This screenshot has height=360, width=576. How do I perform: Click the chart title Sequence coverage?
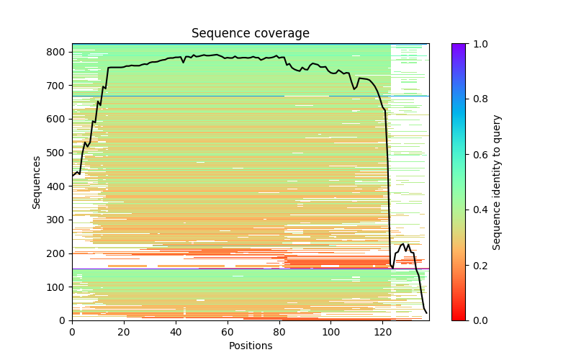[250, 33]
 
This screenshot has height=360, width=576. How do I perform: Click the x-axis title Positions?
[250, 346]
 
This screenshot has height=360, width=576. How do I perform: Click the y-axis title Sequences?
[36, 182]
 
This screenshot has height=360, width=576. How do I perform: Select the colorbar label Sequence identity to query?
[497, 182]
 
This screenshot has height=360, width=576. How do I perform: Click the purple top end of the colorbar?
[459, 46]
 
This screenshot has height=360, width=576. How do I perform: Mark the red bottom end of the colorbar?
[459, 318]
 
